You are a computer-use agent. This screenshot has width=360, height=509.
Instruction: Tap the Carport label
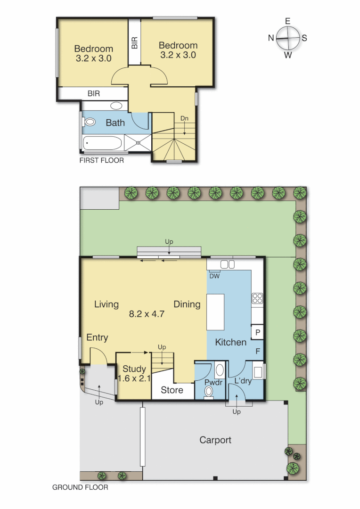pyautogui.click(x=215, y=440)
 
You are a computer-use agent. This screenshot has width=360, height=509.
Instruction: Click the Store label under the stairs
pyautogui.click(x=172, y=390)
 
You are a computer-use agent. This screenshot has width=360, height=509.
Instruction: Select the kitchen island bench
pyautogui.click(x=216, y=312)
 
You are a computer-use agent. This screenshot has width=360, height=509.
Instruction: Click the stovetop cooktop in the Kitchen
pyautogui.click(x=257, y=298)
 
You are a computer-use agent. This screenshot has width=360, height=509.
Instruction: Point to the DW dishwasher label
pyautogui.click(x=214, y=276)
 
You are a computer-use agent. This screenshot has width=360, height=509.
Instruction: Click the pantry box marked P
pyautogui.click(x=258, y=332)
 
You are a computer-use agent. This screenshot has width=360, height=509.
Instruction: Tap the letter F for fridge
pyautogui.click(x=258, y=351)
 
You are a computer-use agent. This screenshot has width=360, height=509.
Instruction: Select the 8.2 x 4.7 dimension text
pyautogui.click(x=147, y=313)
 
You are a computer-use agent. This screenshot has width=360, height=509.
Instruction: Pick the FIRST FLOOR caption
pyautogui.click(x=102, y=160)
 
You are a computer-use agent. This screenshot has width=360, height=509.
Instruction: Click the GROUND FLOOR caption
pyautogui.click(x=80, y=487)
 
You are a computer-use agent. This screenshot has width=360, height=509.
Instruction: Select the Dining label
pyautogui.click(x=187, y=304)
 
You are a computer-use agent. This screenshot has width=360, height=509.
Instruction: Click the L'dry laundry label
pyautogui.click(x=243, y=381)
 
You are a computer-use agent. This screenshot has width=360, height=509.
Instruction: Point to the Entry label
pyautogui.click(x=97, y=337)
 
